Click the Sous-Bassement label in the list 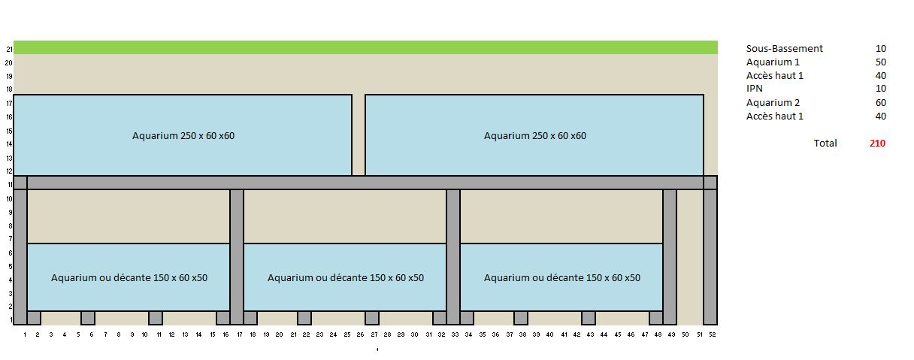[x=784, y=49]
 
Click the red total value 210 [x=877, y=144]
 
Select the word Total [x=825, y=144]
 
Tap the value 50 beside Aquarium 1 [x=880, y=62]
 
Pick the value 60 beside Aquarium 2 [x=880, y=103]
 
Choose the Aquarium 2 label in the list [x=773, y=103]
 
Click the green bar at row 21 [x=365, y=48]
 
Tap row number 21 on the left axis [x=9, y=50]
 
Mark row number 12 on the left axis [x=9, y=171]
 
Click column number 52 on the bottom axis [x=711, y=334]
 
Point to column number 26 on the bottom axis [x=359, y=334]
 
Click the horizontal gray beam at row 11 [x=365, y=183]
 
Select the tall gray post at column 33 [x=453, y=256]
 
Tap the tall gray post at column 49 [x=670, y=256]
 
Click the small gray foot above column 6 [x=88, y=318]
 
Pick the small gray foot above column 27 [x=372, y=318]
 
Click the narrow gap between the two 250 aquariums [x=359, y=135]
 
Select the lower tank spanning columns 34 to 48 [x=561, y=277]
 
